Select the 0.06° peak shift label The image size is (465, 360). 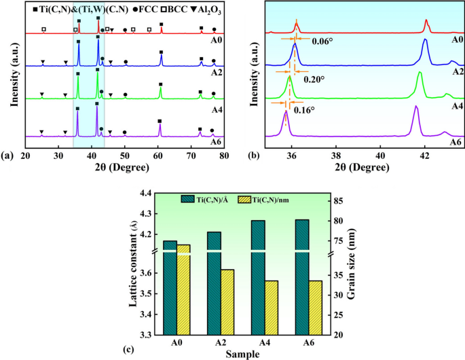tap(322, 40)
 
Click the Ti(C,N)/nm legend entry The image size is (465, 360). tap(276, 198)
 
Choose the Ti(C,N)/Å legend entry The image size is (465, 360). tap(210, 198)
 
